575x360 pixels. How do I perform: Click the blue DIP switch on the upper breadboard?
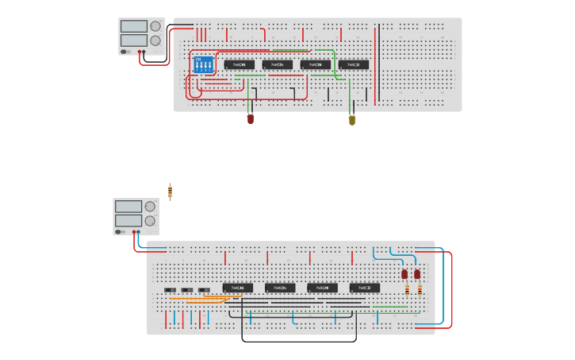coord(204,64)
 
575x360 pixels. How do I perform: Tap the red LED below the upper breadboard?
coord(251,118)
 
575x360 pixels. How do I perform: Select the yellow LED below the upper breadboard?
coord(352,120)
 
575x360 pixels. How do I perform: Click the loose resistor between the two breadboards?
coord(170,192)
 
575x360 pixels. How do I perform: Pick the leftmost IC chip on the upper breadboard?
coord(239,64)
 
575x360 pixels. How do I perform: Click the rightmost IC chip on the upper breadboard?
coord(354,64)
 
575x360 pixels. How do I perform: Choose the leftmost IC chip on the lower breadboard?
coord(237,288)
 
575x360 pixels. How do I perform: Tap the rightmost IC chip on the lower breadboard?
coord(365,288)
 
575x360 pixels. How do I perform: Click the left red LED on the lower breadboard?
coord(404,274)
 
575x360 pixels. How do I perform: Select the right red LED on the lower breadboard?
coord(417,274)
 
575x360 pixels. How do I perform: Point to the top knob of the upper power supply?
coord(155,26)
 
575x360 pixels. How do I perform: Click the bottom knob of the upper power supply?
coord(155,40)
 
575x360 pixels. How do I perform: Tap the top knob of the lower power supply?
coord(150,207)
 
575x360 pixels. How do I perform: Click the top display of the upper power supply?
coord(133,26)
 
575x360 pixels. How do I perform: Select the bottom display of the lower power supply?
coord(128,220)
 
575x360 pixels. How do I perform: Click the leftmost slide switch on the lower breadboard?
coord(170,289)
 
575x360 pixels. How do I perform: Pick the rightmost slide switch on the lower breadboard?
coord(205,289)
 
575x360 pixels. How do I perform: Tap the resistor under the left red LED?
coord(407,290)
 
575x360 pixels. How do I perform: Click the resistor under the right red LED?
coord(420,290)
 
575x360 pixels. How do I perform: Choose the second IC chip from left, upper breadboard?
coord(278,64)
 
